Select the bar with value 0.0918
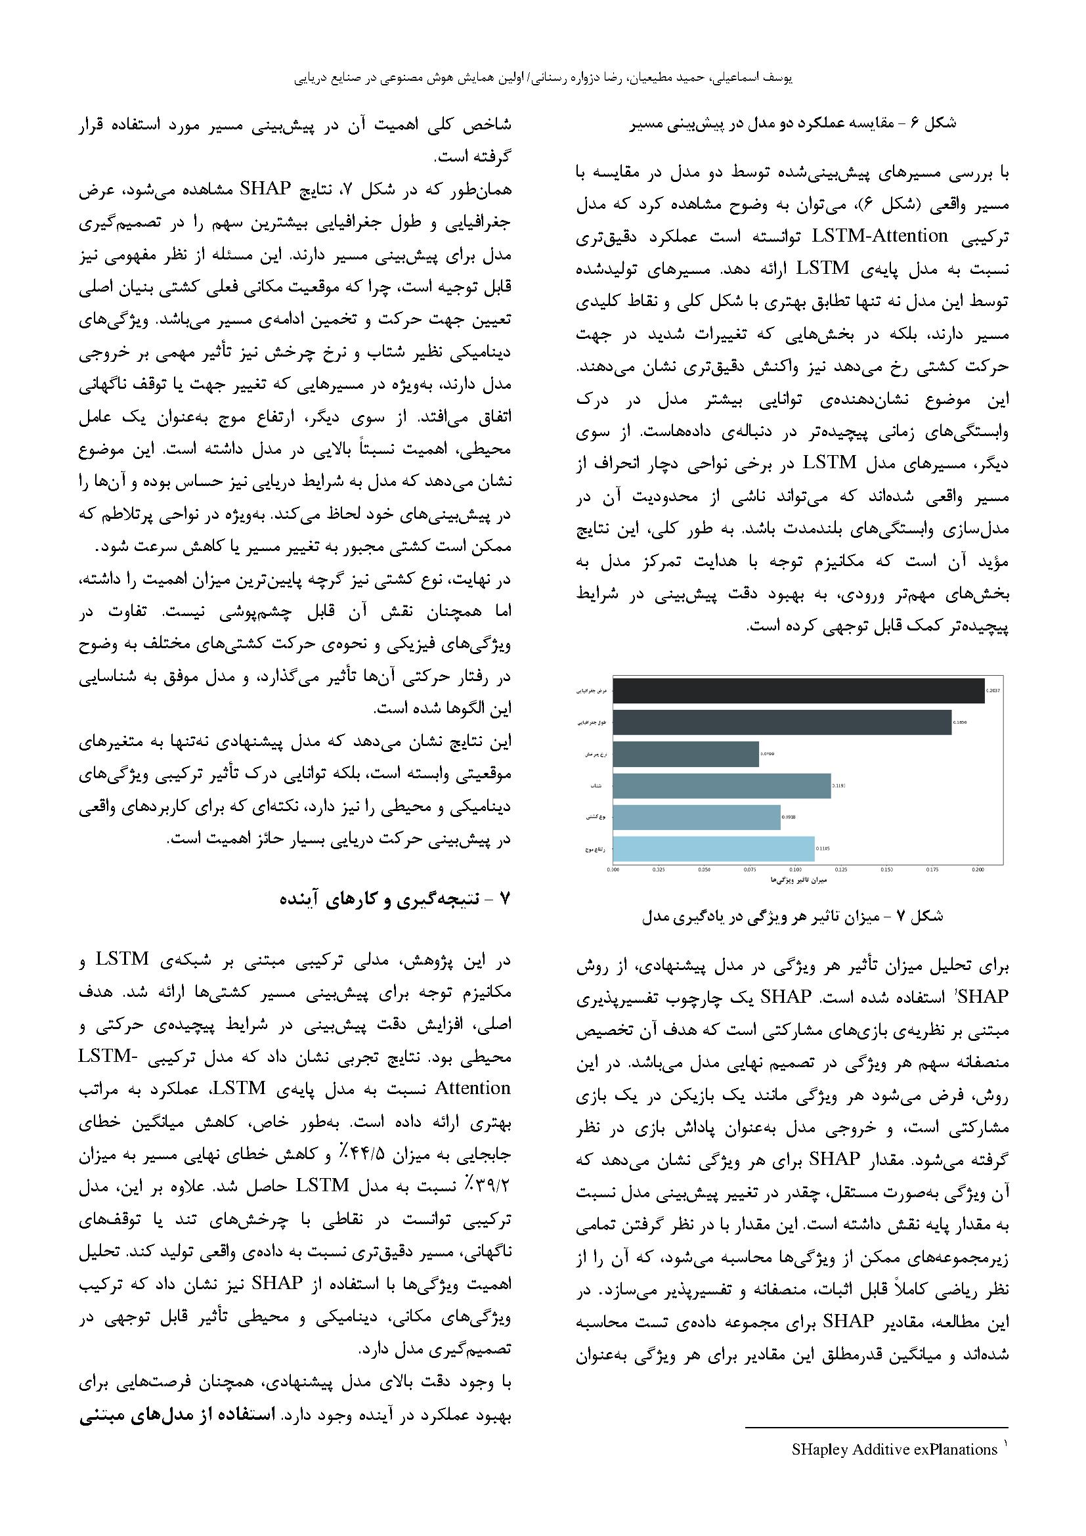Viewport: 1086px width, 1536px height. (696, 817)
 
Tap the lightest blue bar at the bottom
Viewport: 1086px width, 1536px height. (713, 848)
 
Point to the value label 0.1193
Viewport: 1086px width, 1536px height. (838, 786)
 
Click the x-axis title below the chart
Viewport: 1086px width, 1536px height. (799, 880)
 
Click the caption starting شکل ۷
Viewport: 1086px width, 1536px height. (793, 916)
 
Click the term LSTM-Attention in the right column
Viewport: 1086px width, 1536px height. (880, 236)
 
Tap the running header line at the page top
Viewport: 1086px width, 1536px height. (543, 78)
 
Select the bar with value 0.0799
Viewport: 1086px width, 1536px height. (685, 754)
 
